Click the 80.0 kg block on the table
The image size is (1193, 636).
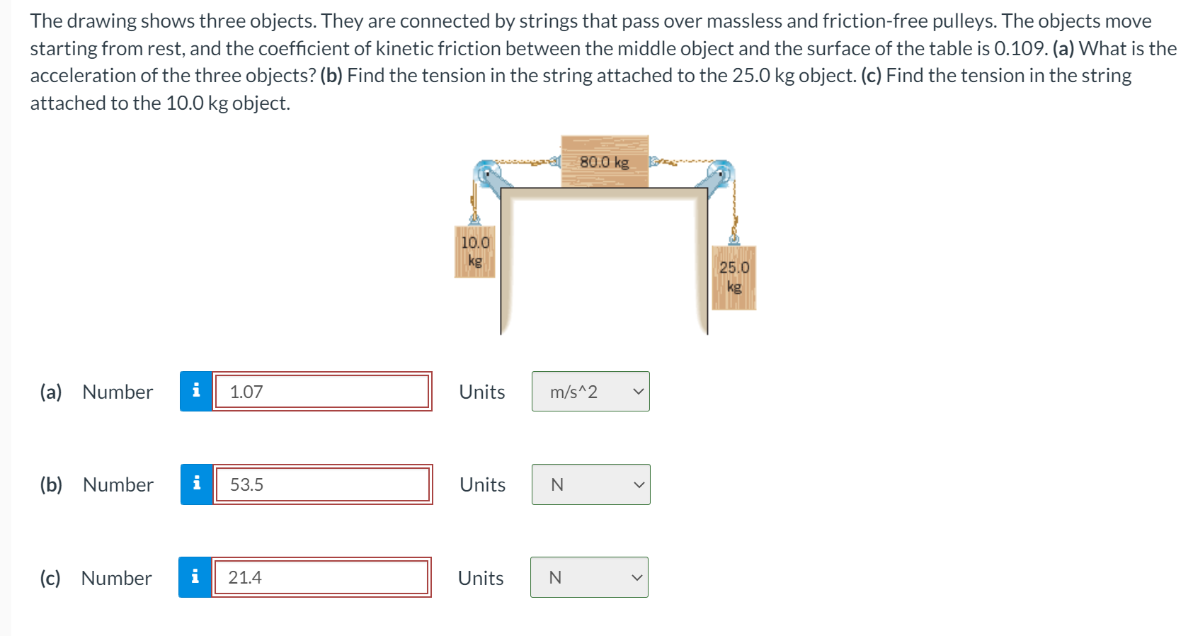pyautogui.click(x=604, y=161)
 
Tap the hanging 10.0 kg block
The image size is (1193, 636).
pyautogui.click(x=474, y=251)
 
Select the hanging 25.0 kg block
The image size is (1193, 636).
pyautogui.click(x=734, y=277)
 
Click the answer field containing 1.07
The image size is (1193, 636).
pyautogui.click(x=321, y=392)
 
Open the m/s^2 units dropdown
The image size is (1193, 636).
pyautogui.click(x=590, y=392)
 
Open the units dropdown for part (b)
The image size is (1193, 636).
pyautogui.click(x=590, y=484)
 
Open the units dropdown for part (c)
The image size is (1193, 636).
pyautogui.click(x=589, y=577)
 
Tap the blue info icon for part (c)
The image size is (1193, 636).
pyautogui.click(x=195, y=577)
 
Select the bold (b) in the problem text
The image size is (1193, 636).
pyautogui.click(x=331, y=76)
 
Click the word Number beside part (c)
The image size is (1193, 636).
pyautogui.click(x=116, y=578)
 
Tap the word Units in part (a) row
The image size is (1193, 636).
pyautogui.click(x=481, y=392)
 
